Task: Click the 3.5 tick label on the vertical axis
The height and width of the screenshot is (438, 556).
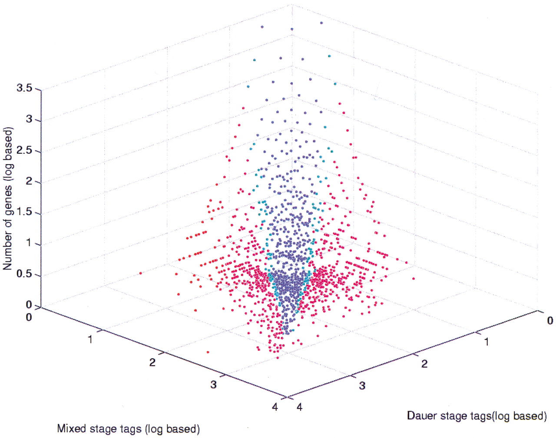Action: coord(24,88)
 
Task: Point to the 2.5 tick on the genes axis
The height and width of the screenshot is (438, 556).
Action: coord(24,150)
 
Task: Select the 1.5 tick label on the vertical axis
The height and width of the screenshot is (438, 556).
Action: coord(24,212)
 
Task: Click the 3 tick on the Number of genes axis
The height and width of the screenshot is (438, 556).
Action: coord(29,119)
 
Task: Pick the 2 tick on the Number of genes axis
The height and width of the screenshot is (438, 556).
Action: coord(29,181)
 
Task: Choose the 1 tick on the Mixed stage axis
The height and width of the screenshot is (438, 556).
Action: coord(90,339)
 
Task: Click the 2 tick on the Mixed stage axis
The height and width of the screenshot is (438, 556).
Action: coord(152,362)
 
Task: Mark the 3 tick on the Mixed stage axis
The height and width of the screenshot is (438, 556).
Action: coord(213,384)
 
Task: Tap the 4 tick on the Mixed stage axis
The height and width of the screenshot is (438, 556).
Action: coord(275,407)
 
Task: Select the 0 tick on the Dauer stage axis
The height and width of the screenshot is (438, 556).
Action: coord(550,320)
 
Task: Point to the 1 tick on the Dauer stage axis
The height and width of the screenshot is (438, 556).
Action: coord(486,342)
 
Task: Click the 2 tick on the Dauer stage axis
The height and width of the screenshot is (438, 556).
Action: coord(424,364)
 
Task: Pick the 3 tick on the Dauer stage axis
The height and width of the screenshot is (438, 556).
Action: coord(362,385)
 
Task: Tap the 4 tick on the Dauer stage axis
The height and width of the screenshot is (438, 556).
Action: coord(300,407)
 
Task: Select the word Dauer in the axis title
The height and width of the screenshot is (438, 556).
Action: coord(422,416)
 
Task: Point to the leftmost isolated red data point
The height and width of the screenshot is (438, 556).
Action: coord(140,273)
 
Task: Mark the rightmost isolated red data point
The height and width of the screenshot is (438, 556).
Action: coord(413,278)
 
